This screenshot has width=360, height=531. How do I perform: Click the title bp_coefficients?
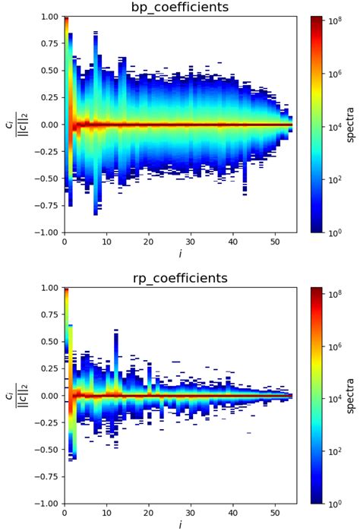point(179,8)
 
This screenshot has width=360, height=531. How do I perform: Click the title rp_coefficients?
point(179,279)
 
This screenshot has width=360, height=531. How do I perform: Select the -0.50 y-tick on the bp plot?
point(48,179)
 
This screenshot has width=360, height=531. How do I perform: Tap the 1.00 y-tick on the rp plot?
point(49,288)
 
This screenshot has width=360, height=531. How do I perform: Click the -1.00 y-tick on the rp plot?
point(48,504)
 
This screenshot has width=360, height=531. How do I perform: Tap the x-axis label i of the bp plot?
point(179,253)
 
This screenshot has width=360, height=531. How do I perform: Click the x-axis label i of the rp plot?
point(179,524)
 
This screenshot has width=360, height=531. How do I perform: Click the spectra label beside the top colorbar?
point(351,125)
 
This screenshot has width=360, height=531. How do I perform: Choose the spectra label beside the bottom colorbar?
point(351,396)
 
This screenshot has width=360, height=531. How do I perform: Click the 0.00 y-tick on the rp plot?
point(49,396)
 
